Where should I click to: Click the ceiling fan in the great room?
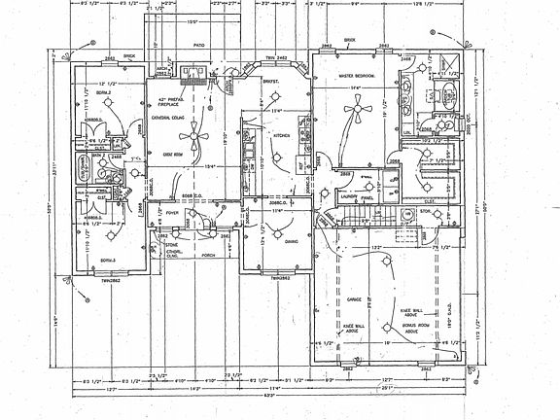[195, 135]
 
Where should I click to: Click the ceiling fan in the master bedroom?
[357, 113]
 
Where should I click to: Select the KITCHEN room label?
[282, 137]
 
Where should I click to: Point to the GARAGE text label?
[352, 300]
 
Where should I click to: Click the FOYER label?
[171, 211]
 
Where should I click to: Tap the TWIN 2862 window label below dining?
[282, 278]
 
